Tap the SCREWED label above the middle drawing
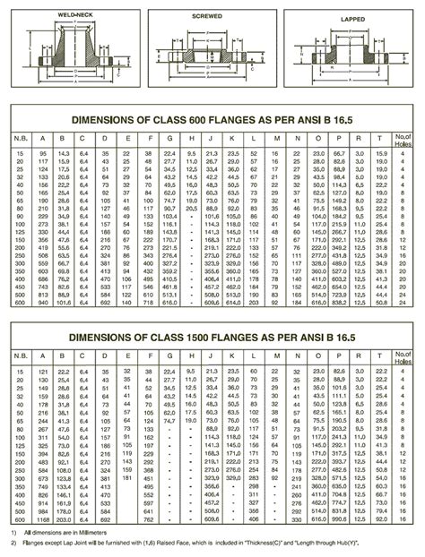point(208,16)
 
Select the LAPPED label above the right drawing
point(352,18)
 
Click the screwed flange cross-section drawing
point(208,54)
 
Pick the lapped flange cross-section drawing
point(352,54)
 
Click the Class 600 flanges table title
point(212,117)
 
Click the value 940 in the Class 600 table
point(40,304)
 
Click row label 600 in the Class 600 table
point(19,304)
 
